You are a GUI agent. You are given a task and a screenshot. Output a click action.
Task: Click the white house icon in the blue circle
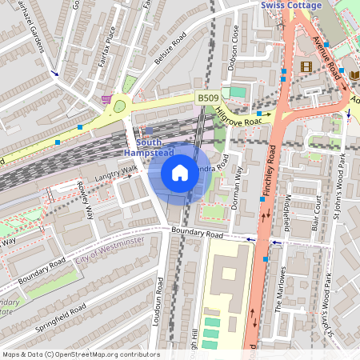[180, 172]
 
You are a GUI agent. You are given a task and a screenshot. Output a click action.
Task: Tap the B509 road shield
[208, 98]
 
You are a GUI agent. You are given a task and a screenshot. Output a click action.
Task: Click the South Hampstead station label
[147, 146]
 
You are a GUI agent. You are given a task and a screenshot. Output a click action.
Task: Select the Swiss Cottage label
[292, 6]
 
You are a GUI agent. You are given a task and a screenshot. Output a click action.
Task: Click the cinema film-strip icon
[305, 66]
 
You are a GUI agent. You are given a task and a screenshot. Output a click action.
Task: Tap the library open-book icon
[354, 74]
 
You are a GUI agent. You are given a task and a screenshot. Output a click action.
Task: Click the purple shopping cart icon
[106, 98]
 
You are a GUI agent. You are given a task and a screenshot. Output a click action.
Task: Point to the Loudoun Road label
[160, 302]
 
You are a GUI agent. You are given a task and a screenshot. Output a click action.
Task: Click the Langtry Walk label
[116, 173]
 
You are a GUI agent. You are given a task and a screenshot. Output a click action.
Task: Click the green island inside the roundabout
[121, 105]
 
